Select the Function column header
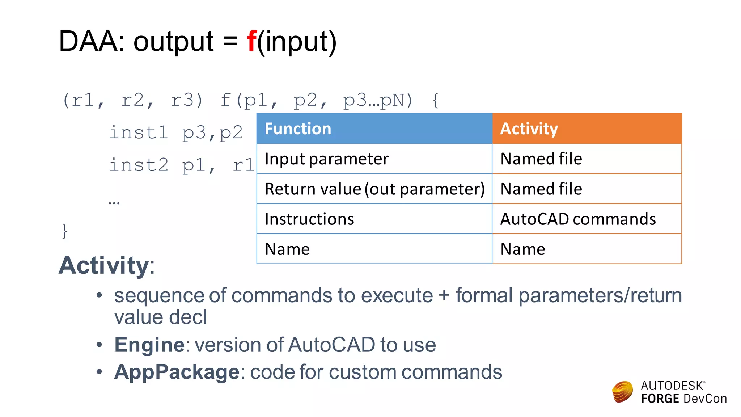[x=374, y=129]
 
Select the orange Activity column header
[x=587, y=129]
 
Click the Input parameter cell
[x=374, y=159]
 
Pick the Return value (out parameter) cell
[x=374, y=189]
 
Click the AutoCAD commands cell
[x=587, y=219]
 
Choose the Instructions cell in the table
[x=374, y=219]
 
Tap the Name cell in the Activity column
[x=587, y=249]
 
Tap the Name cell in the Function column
[x=374, y=249]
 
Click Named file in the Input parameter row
[x=587, y=159]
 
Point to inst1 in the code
[x=139, y=132]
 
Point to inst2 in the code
[x=139, y=165]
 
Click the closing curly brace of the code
[x=64, y=231]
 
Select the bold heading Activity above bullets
[x=104, y=265]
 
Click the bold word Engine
[x=149, y=344]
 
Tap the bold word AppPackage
[x=177, y=372]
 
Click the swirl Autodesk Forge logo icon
[x=622, y=392]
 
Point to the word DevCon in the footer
[x=705, y=399]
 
